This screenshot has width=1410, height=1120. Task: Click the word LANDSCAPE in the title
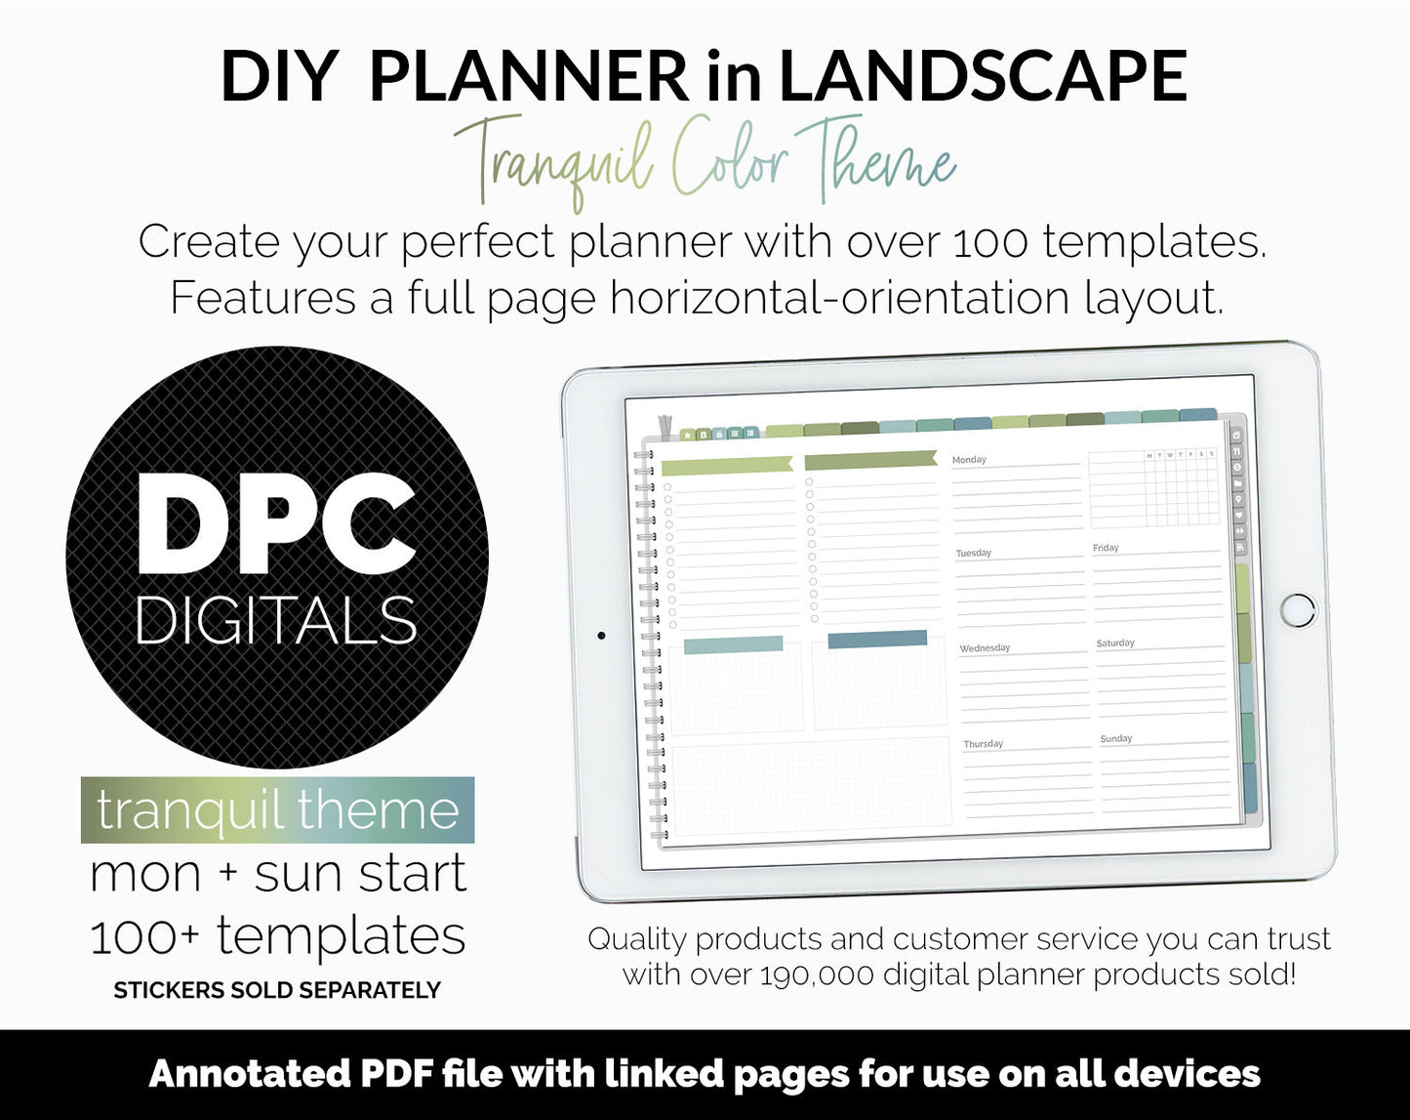983,76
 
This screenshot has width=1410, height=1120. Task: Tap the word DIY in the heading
279,76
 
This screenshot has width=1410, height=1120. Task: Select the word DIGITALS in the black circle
276,621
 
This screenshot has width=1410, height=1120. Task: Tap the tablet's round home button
1298,609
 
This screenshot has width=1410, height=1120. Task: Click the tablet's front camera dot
601,636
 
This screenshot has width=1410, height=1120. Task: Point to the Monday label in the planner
969,460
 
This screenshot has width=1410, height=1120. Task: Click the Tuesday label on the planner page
973,554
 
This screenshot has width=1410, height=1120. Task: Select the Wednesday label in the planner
985,648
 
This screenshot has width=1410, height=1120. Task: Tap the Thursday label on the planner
983,744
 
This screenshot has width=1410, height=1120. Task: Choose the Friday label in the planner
1106,548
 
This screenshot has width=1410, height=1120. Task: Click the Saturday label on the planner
1115,643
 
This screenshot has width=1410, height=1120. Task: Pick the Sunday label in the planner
1116,739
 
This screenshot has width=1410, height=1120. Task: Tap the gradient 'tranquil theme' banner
277,810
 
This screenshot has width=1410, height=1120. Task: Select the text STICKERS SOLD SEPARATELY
277,990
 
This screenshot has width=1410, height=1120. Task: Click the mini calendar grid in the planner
1154,488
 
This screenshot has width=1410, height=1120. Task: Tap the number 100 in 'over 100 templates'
989,242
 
